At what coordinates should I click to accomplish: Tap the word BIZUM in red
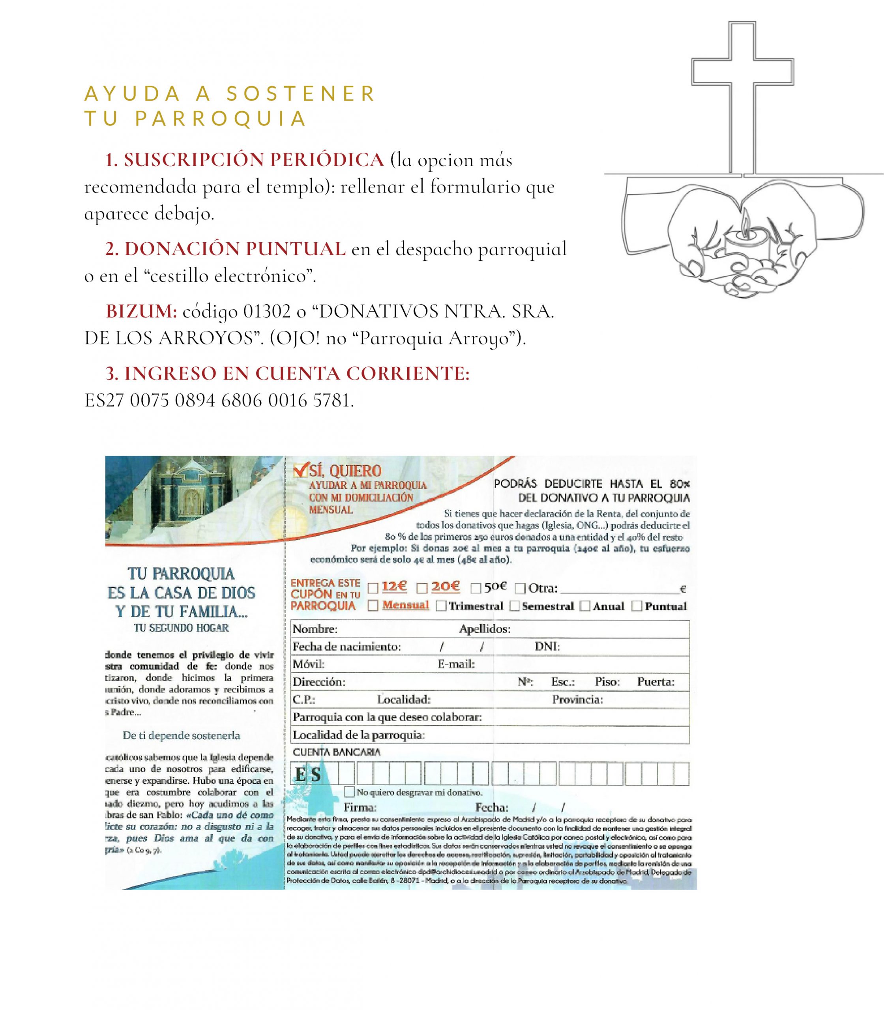tap(141, 312)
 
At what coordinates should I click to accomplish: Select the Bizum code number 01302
tap(267, 312)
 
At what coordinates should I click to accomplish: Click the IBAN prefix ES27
tap(104, 400)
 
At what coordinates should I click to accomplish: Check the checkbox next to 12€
tap(373, 588)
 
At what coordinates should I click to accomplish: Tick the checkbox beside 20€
tap(422, 588)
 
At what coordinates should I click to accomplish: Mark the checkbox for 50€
tap(476, 588)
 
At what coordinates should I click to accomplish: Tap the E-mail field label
tap(456, 664)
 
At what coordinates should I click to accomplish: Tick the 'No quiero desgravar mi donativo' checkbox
tap(350, 792)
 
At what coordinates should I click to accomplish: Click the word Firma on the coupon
tap(360, 807)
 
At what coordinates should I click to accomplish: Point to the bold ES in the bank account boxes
tap(308, 775)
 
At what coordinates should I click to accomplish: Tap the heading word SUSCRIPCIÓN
tap(193, 160)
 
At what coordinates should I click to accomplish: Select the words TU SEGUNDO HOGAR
tap(182, 628)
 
